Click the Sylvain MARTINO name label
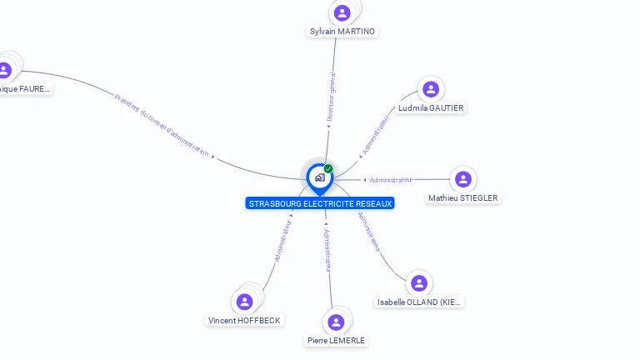click(x=342, y=32)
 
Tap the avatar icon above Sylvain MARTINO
click(x=342, y=12)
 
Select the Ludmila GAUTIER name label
click(x=431, y=107)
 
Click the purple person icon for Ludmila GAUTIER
click(x=431, y=89)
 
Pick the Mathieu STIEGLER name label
click(x=463, y=197)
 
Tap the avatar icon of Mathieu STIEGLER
click(x=463, y=179)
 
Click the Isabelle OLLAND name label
click(x=419, y=302)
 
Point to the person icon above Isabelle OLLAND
click(x=419, y=283)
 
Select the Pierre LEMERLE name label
click(x=336, y=340)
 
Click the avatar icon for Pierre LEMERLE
click(x=336, y=322)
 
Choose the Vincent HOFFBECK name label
click(x=245, y=320)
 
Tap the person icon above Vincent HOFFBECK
click(x=245, y=301)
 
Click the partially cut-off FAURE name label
click(x=24, y=88)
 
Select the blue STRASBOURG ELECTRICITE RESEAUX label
click(x=320, y=203)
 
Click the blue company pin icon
click(x=319, y=177)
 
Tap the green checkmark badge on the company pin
click(x=328, y=168)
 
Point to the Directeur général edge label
click(x=332, y=98)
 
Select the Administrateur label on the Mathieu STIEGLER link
click(x=391, y=179)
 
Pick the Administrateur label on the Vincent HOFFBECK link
click(x=283, y=241)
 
